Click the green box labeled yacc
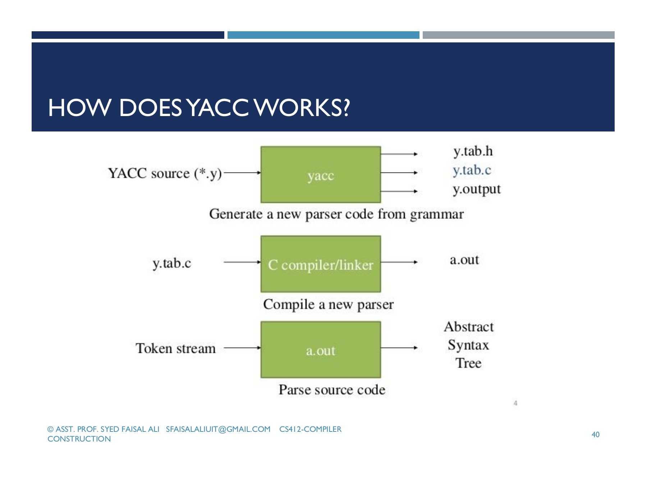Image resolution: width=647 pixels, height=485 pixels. point(321,175)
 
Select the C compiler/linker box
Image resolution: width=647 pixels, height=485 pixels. point(321,264)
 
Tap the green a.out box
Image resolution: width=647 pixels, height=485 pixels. point(321,350)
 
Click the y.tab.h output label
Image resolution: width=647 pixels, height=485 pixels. point(473,152)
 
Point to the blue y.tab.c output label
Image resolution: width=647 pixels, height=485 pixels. point(472,170)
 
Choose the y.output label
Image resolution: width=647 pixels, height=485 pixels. point(477,189)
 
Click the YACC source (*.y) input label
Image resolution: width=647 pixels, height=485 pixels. point(165,174)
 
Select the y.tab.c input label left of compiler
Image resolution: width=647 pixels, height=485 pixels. point(172,263)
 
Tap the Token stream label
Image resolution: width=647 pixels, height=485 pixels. point(175,348)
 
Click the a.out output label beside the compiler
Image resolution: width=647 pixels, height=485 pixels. point(464,259)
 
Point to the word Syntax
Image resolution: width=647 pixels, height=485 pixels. point(468,345)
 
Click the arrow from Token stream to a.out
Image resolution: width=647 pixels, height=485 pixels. point(243,348)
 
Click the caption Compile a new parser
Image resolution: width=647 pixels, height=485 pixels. point(329,304)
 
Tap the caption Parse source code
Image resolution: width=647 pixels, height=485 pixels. point(332,389)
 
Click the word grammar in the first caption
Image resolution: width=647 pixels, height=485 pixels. point(437,214)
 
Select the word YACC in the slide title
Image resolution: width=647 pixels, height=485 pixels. point(218,107)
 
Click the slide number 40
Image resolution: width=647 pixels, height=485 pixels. point(596,435)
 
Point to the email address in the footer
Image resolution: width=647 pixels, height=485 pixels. point(218,429)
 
